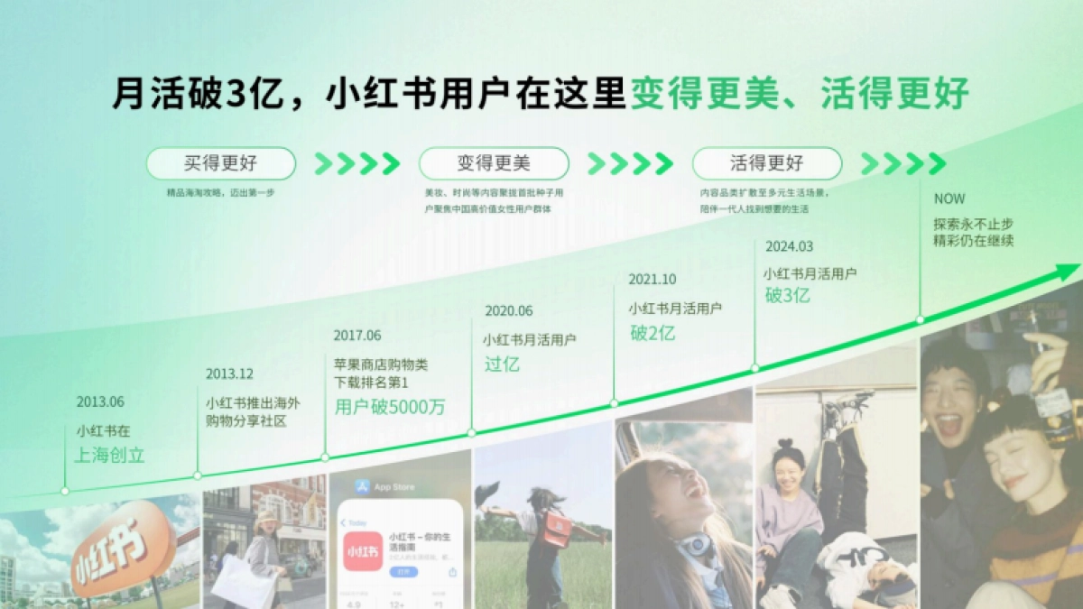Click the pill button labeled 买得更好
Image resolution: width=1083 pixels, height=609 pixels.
click(221, 163)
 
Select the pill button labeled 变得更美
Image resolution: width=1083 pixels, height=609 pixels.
click(494, 163)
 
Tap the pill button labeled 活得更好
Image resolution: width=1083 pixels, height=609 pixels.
click(766, 163)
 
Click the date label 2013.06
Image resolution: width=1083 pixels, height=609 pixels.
click(100, 401)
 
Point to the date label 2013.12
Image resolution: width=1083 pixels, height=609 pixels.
click(229, 374)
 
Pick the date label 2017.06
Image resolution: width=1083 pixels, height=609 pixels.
click(357, 336)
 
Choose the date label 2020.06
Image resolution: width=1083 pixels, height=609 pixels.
click(509, 310)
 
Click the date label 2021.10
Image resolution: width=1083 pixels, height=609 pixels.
click(653, 280)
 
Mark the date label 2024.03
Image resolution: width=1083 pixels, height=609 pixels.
click(789, 246)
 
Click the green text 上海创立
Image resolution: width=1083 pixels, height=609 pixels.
click(109, 455)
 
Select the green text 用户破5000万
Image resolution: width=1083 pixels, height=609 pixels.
click(390, 407)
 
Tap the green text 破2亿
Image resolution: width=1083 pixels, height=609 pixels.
click(653, 333)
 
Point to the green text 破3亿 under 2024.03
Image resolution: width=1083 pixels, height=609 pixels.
click(787, 296)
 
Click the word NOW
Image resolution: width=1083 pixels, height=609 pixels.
click(949, 198)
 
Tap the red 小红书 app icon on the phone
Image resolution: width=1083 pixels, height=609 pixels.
click(362, 550)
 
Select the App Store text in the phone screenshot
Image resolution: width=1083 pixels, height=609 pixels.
click(394, 487)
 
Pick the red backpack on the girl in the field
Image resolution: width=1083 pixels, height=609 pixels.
click(555, 529)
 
